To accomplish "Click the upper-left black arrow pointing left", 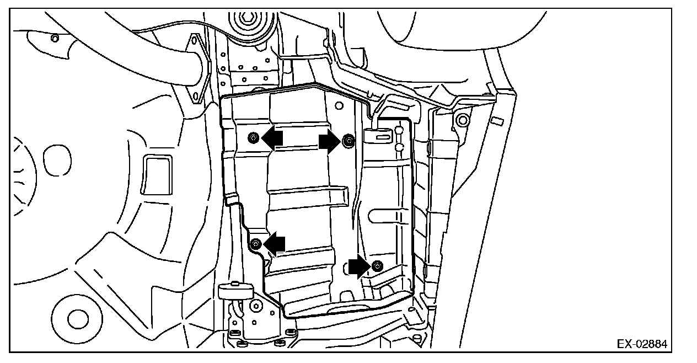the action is pyautogui.click(x=272, y=139).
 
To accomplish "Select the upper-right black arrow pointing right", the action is pyautogui.click(x=330, y=143).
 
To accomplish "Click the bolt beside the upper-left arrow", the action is pyautogui.click(x=253, y=137).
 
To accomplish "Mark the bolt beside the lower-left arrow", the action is pyautogui.click(x=256, y=243).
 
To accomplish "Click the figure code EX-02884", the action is pyautogui.click(x=641, y=344).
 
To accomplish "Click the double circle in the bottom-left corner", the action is pyautogui.click(x=78, y=318).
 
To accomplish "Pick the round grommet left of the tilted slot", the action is pyautogui.click(x=462, y=119).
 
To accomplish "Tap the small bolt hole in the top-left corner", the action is pyautogui.click(x=55, y=38).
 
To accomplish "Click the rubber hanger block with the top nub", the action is pyautogui.click(x=235, y=291).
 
